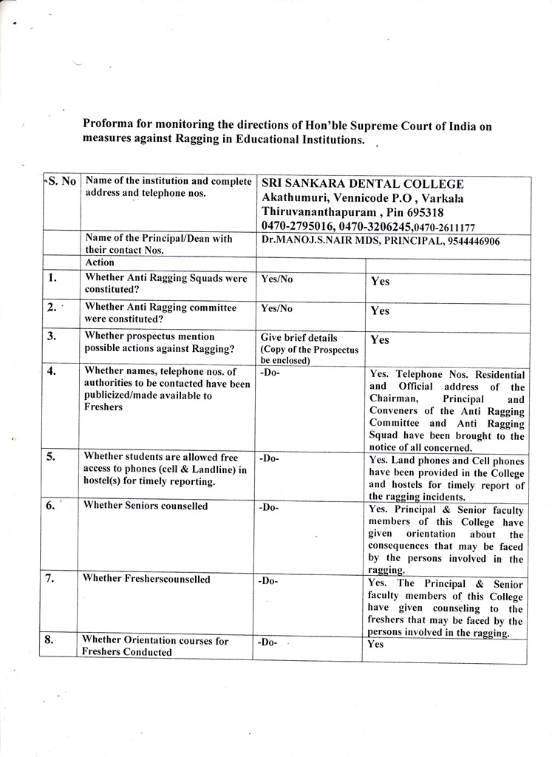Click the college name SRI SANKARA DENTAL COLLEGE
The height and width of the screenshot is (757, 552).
[362, 184]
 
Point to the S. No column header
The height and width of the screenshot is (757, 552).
[62, 181]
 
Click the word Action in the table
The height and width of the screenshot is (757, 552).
[100, 262]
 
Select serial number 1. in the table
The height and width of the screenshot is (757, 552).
[52, 279]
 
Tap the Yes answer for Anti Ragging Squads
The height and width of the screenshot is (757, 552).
[380, 282]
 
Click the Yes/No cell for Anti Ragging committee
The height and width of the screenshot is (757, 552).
[277, 308]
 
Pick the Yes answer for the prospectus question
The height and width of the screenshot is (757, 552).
[380, 340]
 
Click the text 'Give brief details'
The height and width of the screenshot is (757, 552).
[299, 338]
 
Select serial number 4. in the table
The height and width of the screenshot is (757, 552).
[52, 371]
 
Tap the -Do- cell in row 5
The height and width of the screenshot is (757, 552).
[270, 458]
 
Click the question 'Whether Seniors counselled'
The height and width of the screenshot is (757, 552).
[146, 506]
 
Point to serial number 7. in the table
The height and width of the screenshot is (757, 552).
[51, 578]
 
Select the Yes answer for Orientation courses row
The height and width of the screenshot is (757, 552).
[376, 644]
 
